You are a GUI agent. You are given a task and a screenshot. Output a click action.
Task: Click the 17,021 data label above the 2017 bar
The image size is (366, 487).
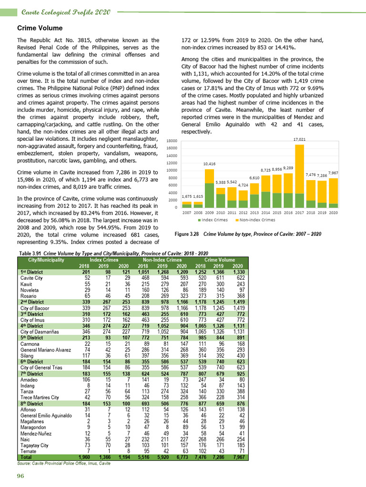pos(299,139)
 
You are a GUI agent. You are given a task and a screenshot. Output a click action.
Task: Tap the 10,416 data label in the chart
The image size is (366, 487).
pos(209,164)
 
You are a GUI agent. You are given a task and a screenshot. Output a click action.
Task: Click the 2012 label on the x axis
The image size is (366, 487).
pos(243,213)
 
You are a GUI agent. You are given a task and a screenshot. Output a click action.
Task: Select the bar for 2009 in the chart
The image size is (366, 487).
pos(209,188)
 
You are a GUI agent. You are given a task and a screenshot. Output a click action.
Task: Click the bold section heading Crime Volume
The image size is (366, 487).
pos(40,28)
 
